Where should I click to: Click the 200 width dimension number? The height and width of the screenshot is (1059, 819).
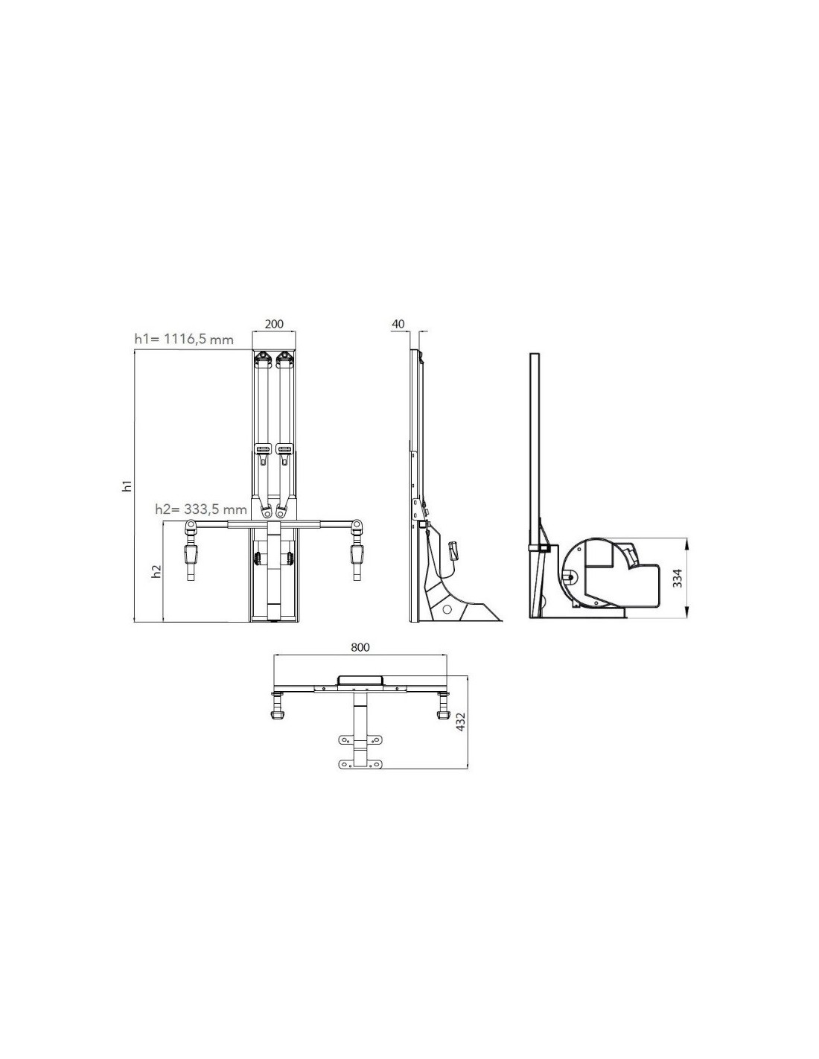pyautogui.click(x=274, y=324)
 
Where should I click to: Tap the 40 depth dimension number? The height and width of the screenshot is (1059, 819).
pyautogui.click(x=398, y=324)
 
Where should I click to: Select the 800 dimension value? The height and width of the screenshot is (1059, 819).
pyautogui.click(x=360, y=647)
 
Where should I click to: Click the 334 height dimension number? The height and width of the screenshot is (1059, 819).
pyautogui.click(x=678, y=578)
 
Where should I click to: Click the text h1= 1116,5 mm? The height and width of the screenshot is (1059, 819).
pyautogui.click(x=184, y=339)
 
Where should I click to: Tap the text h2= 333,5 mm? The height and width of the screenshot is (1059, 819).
pyautogui.click(x=201, y=509)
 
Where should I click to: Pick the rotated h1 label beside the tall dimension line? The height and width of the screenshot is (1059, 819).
pyautogui.click(x=127, y=486)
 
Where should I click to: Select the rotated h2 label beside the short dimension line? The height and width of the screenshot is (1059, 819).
pyautogui.click(x=156, y=571)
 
